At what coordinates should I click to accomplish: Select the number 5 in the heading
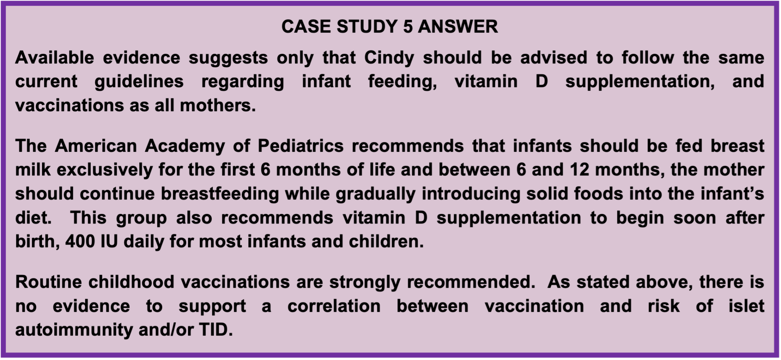point(407,27)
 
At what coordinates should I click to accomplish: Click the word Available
point(55,58)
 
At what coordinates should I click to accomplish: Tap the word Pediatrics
point(301,146)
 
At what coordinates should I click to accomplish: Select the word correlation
point(334,306)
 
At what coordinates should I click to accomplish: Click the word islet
point(746,306)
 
